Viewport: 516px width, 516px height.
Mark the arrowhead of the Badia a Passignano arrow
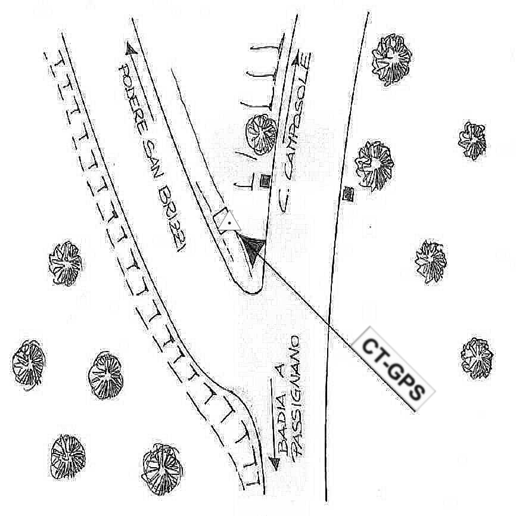pos(274,462)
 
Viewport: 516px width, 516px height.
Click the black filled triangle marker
pos(253,247)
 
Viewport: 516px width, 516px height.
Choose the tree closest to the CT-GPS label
pos(477,358)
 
